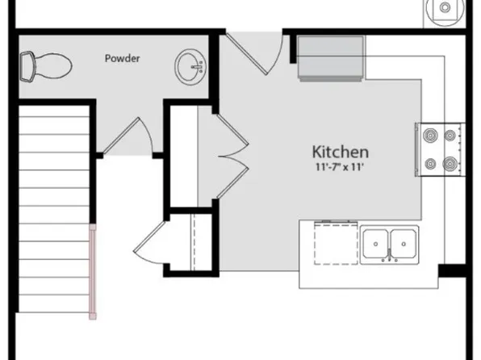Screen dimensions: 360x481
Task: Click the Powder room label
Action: click(x=123, y=58)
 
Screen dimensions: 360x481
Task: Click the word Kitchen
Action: click(x=341, y=151)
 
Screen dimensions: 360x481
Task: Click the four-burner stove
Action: click(x=441, y=150)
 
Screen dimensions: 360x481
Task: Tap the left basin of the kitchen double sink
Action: click(x=376, y=241)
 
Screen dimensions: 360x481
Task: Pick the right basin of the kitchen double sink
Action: click(x=404, y=241)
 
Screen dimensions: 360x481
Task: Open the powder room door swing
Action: click(x=129, y=137)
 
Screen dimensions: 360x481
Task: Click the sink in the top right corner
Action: click(x=445, y=10)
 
